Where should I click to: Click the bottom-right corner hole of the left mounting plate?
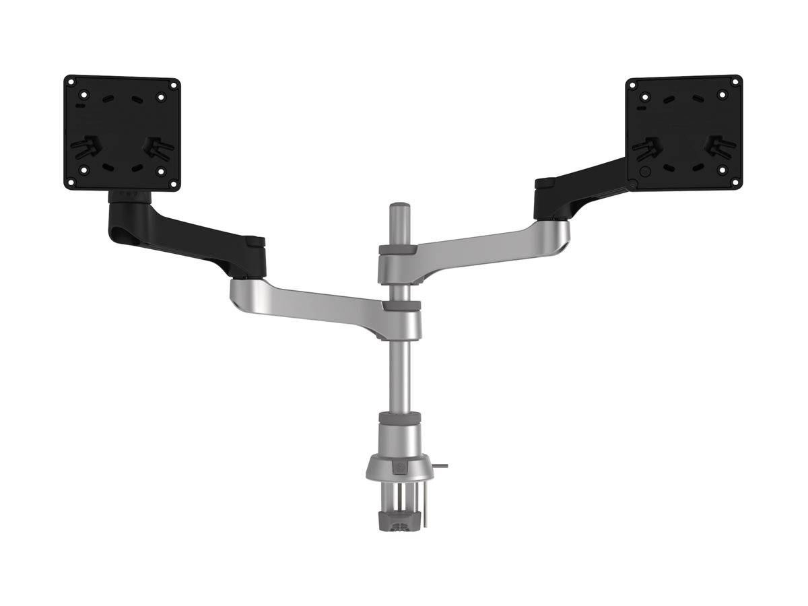click(172, 182)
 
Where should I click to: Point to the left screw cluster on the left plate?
click(84, 148)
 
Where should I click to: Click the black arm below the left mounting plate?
click(195, 242)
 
